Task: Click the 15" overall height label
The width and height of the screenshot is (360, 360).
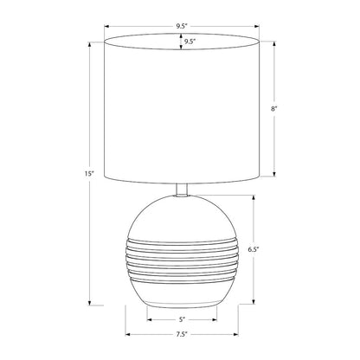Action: click(90, 174)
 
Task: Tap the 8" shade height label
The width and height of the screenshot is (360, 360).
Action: click(273, 109)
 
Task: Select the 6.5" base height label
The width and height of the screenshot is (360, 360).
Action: click(254, 249)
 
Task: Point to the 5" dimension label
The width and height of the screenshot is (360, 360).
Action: click(182, 319)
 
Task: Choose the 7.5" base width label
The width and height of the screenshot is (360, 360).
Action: click(182, 335)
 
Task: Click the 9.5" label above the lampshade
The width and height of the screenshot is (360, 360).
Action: click(182, 26)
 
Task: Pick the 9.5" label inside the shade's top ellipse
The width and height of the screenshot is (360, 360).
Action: click(190, 42)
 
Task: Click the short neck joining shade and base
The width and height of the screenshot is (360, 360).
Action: click(182, 190)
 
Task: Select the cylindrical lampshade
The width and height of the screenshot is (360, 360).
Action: click(182, 108)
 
